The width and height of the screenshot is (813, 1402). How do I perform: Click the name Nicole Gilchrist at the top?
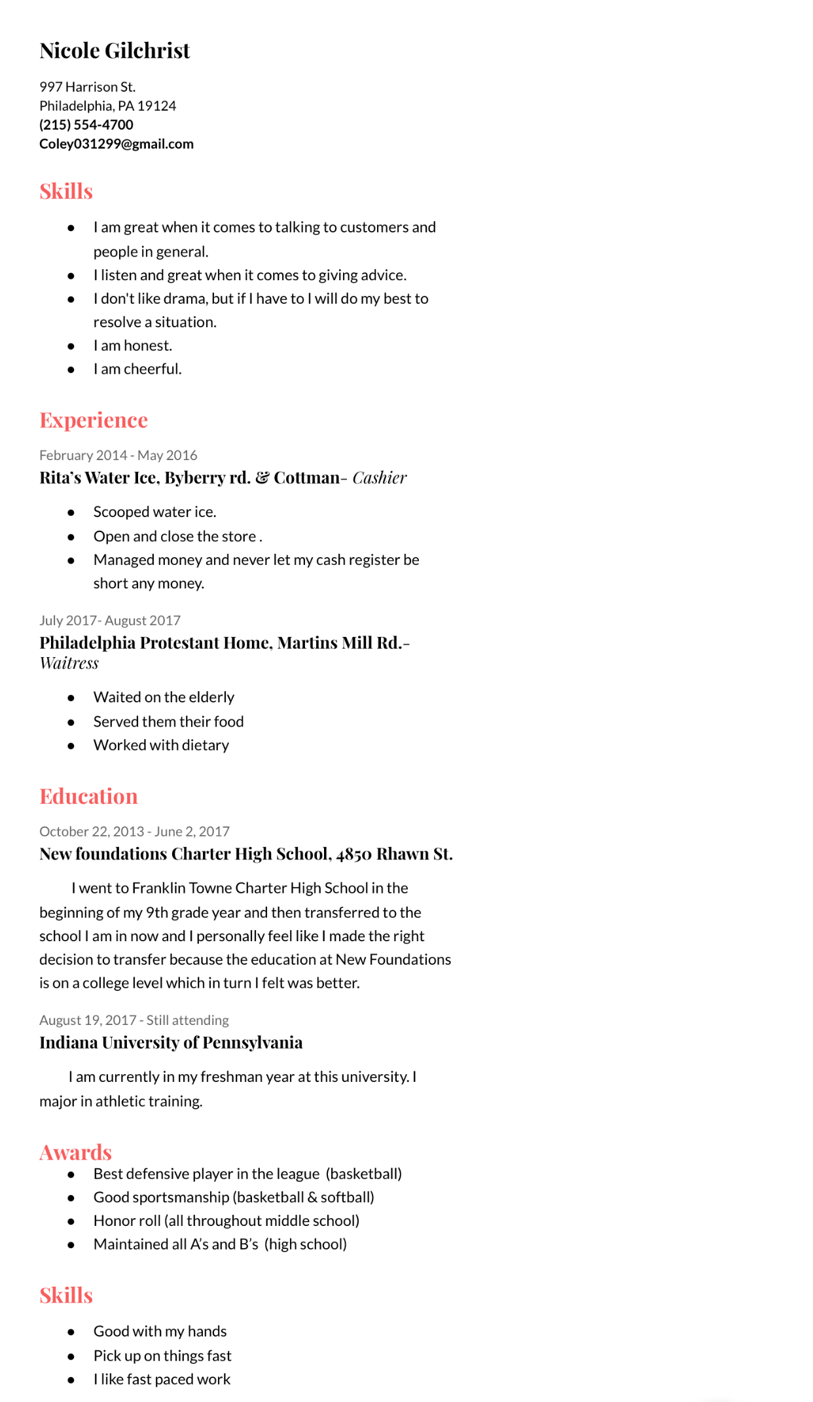[x=115, y=51]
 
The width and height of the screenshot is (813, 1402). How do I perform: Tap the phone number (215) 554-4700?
[x=86, y=125]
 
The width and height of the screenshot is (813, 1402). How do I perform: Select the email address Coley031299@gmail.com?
[x=117, y=144]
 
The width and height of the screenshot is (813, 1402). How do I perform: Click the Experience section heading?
[x=94, y=420]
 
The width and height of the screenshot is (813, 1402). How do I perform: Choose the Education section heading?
[x=88, y=797]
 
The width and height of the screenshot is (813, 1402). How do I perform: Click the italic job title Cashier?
[x=380, y=478]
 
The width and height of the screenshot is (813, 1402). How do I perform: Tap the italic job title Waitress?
[x=69, y=664]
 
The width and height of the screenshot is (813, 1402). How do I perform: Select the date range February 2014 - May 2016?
[x=118, y=456]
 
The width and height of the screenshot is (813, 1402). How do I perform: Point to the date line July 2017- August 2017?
[x=110, y=620]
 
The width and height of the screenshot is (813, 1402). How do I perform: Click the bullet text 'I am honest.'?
[x=133, y=346]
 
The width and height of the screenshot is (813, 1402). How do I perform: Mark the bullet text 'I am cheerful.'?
[x=137, y=369]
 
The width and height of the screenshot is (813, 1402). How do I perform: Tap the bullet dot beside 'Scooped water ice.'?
[x=71, y=512]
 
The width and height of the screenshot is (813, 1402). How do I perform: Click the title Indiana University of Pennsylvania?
[x=171, y=1043]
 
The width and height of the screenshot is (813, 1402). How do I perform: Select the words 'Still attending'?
[x=187, y=1020]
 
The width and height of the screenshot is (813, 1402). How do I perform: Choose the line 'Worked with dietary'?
[x=161, y=746]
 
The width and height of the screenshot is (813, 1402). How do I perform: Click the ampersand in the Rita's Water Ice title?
[x=262, y=478]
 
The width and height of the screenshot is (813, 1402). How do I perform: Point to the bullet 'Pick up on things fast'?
[x=162, y=1356]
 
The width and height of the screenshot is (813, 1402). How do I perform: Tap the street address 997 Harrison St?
[x=88, y=87]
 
